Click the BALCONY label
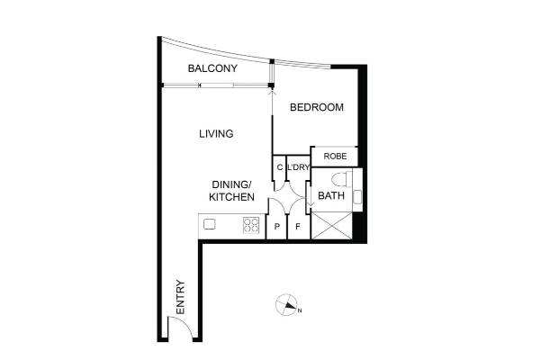212,68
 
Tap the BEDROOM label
316,107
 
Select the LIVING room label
216,134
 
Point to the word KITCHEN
232,197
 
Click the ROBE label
335,157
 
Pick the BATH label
331,195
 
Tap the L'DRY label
299,167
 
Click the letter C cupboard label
279,167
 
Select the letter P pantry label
276,227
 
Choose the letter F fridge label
298,227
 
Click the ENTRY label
180,297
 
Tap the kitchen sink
210,224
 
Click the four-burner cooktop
251,225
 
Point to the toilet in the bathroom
341,179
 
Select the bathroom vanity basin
357,197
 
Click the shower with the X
331,226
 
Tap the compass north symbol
286,304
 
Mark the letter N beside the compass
300,310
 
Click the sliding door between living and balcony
217,85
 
